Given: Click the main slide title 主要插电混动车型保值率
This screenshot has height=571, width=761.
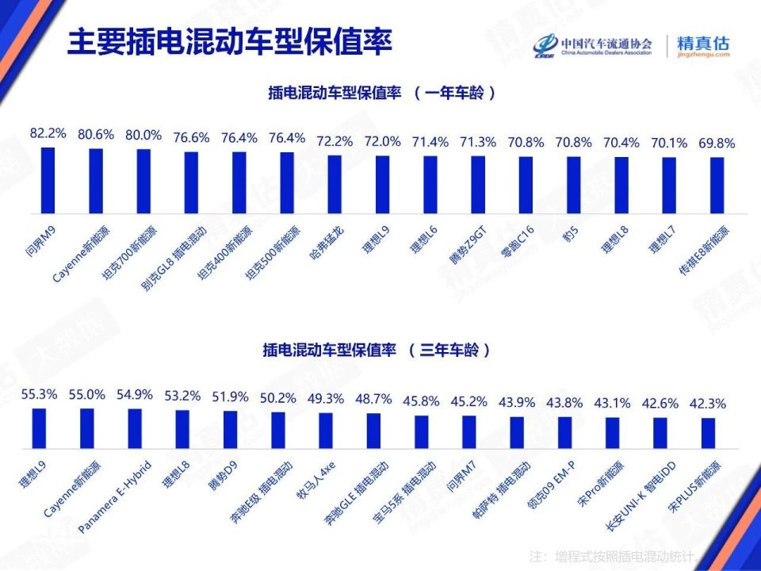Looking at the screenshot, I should coord(230,43).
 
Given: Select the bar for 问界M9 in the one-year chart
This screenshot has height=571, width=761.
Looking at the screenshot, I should coord(48,180).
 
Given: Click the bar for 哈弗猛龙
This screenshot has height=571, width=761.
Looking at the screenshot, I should coord(335,184).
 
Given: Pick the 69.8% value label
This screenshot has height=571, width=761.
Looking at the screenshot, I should coord(717,144).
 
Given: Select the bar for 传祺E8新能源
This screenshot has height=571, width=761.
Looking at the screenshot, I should coord(717,186).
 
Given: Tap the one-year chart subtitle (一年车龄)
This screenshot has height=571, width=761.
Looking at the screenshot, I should coord(383,93).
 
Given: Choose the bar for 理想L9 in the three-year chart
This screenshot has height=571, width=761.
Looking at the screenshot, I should coord(38,428).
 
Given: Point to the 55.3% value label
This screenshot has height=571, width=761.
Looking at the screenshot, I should coord(38,393).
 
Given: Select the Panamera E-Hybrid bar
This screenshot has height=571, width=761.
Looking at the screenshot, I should coord(134,429).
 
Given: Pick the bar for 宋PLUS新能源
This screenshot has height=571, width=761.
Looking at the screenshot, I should coord(708,433).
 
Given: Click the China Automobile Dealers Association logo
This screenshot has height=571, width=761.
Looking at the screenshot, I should coord(594,46).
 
